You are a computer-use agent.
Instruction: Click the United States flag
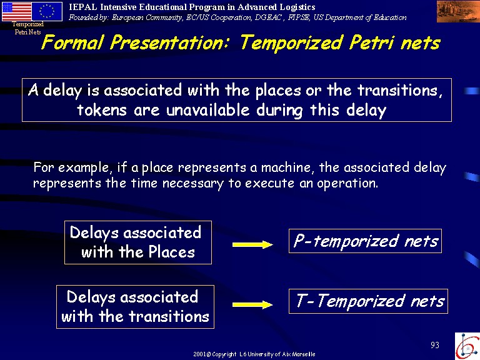[x=16, y=11]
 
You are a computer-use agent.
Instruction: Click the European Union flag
[x=47, y=11]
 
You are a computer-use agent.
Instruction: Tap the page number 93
[x=435, y=345]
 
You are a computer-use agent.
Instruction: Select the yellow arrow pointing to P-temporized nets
[x=252, y=244]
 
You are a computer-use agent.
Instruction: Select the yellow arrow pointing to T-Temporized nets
[x=252, y=304]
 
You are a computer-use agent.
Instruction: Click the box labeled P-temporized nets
[x=365, y=241]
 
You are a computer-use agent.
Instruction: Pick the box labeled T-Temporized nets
[x=368, y=301]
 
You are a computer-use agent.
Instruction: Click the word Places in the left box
[x=171, y=252]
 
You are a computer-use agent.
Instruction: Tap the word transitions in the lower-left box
[x=169, y=316]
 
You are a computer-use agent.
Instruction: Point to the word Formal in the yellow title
[x=72, y=42]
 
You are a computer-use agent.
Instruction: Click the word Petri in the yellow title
[x=371, y=43]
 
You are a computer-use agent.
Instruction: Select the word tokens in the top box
[x=102, y=109]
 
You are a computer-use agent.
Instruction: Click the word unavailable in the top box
[x=208, y=109]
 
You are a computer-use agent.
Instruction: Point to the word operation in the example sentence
[x=347, y=183]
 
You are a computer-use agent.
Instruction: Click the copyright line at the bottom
[x=254, y=354]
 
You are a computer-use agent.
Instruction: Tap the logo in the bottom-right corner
[x=467, y=346]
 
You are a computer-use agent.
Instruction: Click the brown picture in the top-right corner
[x=458, y=12]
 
